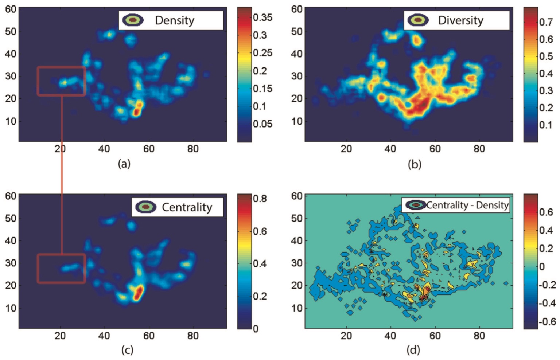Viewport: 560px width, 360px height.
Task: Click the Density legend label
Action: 175,20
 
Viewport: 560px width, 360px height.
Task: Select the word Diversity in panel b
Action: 460,20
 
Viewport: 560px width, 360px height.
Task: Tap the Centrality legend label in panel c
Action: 187,207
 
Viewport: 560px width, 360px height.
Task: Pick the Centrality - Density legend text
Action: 467,205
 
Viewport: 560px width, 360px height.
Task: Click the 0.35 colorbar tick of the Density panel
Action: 262,17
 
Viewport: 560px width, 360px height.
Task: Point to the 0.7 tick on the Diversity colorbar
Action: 546,22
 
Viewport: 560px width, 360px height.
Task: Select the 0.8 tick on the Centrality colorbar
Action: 260,199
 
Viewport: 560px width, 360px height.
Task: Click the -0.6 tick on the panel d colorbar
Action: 547,321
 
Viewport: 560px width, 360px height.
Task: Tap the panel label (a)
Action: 124,164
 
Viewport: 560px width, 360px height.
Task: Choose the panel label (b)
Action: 415,164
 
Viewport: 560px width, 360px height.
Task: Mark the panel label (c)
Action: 127,350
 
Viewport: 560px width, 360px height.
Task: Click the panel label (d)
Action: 413,350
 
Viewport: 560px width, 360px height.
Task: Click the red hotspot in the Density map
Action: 137,110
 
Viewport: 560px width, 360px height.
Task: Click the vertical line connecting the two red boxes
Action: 62,175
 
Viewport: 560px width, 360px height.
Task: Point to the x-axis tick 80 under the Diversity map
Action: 479,149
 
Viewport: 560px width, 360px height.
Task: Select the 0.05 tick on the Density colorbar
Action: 262,124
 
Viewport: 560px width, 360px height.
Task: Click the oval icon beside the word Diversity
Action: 418,20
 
